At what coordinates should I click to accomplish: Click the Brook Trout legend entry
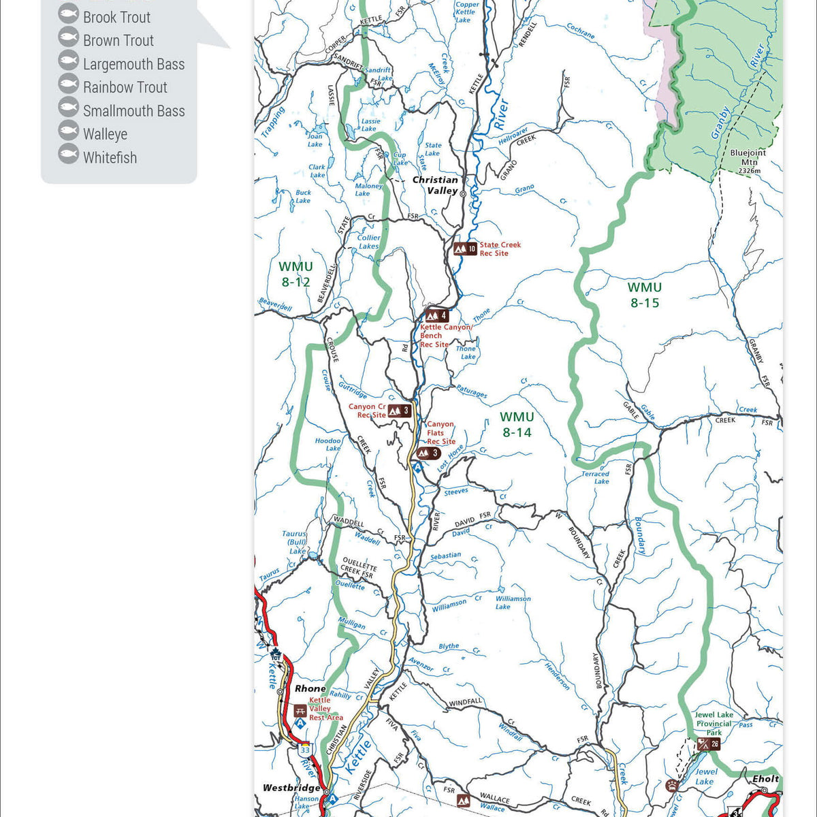(116, 17)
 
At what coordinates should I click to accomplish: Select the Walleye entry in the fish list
(105, 134)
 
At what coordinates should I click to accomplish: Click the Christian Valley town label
(435, 185)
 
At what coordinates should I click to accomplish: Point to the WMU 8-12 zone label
(295, 274)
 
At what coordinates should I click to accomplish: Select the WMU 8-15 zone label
(644, 295)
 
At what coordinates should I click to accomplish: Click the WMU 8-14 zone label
(517, 424)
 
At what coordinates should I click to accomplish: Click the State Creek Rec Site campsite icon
(465, 249)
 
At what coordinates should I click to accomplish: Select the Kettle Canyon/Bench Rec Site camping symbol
(436, 315)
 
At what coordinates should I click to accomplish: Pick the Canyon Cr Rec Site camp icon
(399, 410)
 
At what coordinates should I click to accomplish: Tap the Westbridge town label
(291, 788)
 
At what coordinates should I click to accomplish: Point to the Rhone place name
(310, 688)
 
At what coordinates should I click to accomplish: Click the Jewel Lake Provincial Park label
(714, 724)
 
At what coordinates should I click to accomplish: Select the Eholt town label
(765, 778)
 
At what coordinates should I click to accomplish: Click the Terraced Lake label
(595, 477)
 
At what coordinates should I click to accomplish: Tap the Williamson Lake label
(512, 603)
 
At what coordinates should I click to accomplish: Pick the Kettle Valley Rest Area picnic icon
(300, 710)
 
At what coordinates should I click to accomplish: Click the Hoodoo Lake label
(328, 444)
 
